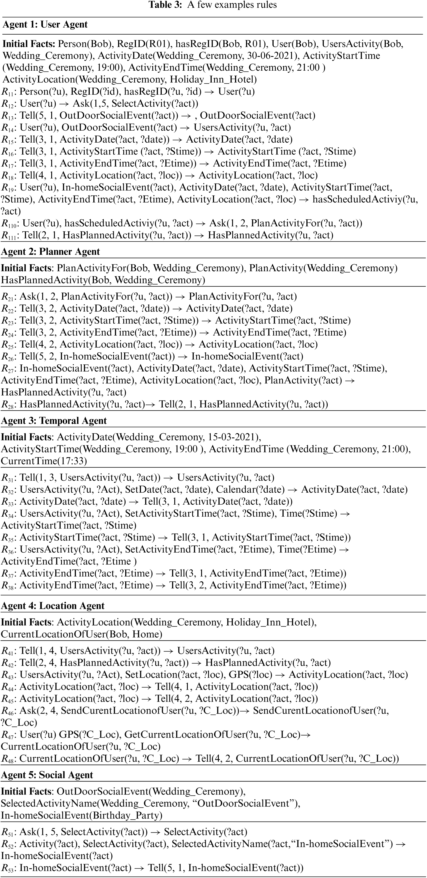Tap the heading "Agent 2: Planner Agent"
(51, 252)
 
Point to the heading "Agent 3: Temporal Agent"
(54, 421)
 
